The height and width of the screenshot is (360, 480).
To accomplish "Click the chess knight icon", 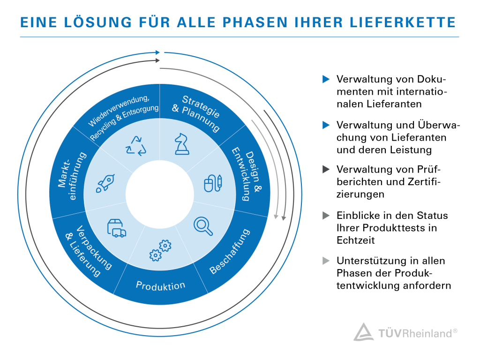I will coord(182,143).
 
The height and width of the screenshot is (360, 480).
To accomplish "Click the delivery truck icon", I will coord(116,228).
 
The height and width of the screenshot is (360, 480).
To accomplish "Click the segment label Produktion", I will coord(160,285).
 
